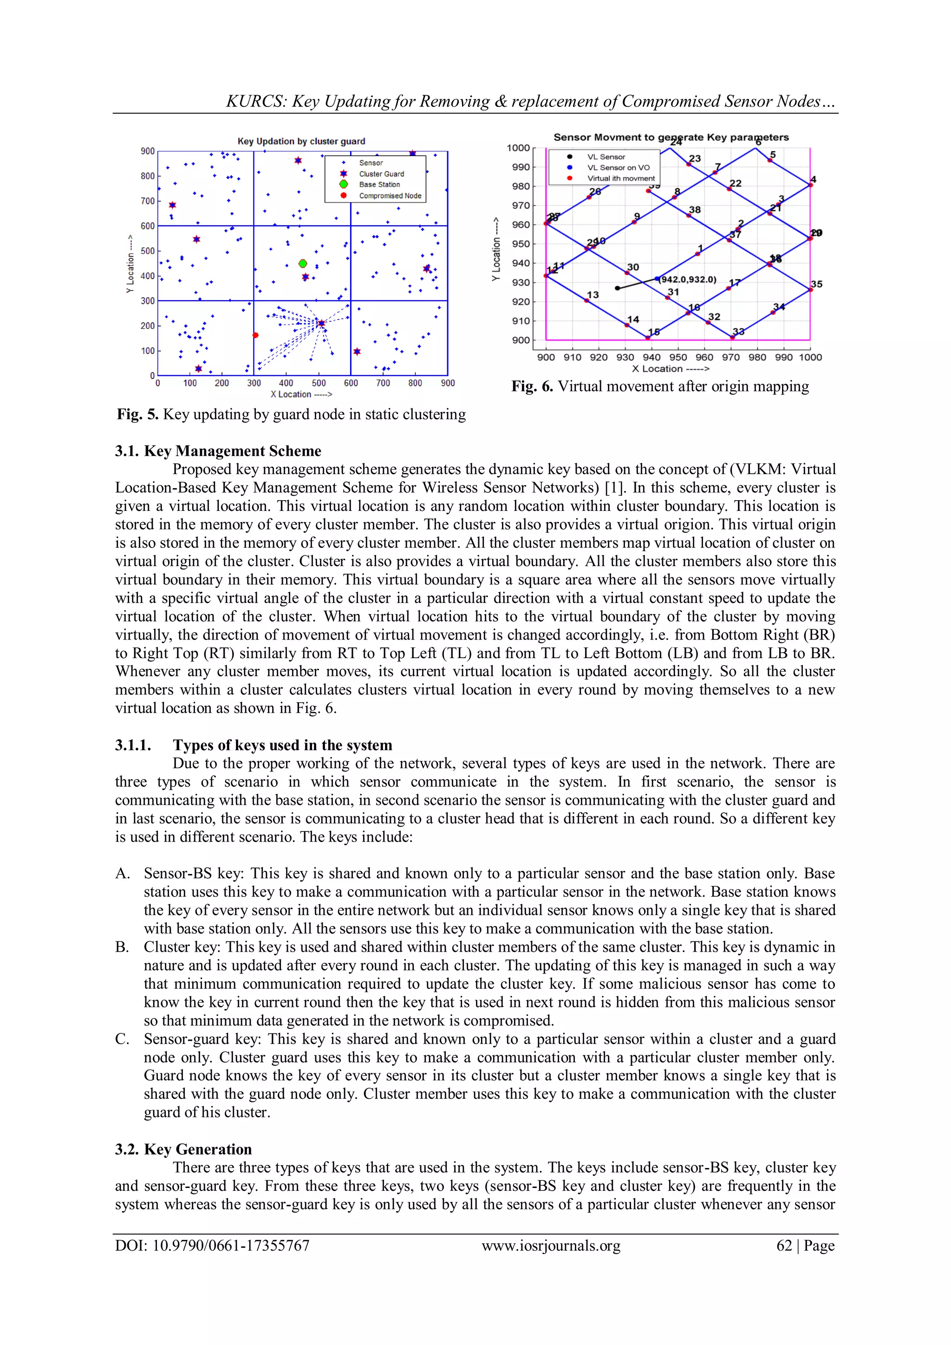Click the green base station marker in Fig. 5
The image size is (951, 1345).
point(303,264)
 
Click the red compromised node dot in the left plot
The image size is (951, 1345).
point(255,335)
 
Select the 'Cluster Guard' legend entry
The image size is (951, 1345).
point(381,174)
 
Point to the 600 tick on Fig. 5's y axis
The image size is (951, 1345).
point(148,226)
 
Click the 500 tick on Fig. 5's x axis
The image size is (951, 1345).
point(319,383)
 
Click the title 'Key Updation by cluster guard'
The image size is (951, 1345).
point(301,141)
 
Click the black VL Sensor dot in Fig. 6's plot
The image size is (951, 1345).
point(617,288)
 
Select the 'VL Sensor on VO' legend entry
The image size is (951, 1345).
point(619,168)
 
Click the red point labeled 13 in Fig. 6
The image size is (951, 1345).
point(586,300)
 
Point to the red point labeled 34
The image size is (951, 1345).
point(773,312)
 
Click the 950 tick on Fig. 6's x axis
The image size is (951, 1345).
point(678,357)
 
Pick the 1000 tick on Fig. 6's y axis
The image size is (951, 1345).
point(518,148)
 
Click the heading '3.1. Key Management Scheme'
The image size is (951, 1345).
point(218,451)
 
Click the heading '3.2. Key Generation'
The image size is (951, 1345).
point(183,1149)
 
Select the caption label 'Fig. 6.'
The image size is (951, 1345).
point(532,386)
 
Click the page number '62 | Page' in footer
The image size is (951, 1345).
point(805,1246)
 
